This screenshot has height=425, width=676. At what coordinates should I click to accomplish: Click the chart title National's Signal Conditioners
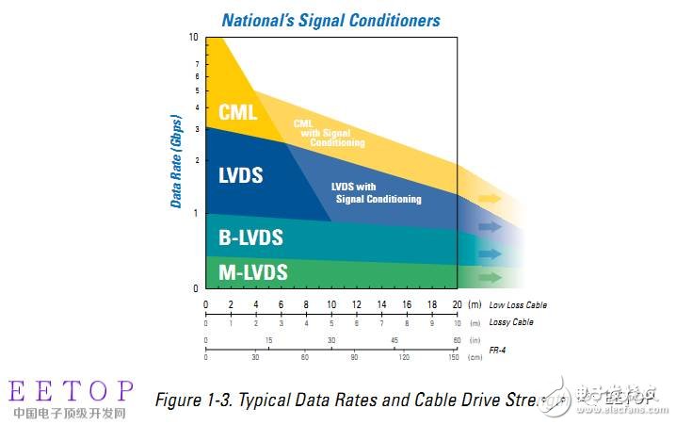tap(330, 18)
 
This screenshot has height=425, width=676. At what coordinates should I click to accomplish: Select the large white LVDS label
tap(241, 175)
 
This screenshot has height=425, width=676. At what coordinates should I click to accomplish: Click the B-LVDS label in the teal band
tap(250, 237)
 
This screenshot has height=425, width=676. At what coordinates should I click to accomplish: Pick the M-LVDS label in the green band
tap(252, 272)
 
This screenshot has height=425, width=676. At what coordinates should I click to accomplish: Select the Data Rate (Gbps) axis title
tap(175, 152)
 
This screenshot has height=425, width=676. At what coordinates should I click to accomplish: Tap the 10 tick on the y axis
tap(193, 38)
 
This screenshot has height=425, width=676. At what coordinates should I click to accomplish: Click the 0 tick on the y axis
tap(195, 287)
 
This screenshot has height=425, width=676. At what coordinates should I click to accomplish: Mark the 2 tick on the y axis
tap(196, 161)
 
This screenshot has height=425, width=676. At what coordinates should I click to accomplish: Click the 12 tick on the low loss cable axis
tap(356, 304)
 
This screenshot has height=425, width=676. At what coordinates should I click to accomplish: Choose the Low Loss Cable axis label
tap(517, 305)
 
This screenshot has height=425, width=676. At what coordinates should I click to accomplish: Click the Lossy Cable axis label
tap(512, 322)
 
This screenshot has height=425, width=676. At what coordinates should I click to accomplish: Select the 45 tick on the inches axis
tap(394, 340)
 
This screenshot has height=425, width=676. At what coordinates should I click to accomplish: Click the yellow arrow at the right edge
tap(490, 199)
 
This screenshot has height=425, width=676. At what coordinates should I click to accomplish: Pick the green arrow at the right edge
tap(490, 277)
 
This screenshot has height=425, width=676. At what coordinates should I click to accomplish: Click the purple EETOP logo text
tap(71, 392)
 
